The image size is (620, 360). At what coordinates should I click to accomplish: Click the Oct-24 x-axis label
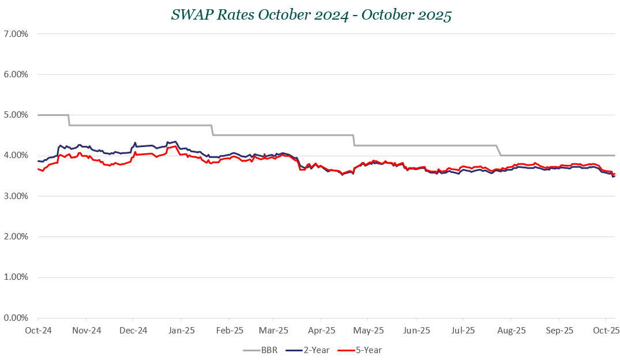38,331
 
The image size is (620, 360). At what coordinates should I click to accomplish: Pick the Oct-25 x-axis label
606,331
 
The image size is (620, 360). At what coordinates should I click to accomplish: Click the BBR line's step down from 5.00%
69,120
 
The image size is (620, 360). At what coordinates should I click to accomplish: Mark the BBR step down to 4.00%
499,150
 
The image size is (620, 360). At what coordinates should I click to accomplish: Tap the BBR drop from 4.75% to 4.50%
212,130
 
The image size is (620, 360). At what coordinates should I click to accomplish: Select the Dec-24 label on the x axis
133,331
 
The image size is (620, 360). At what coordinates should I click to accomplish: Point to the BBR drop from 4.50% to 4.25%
354,140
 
